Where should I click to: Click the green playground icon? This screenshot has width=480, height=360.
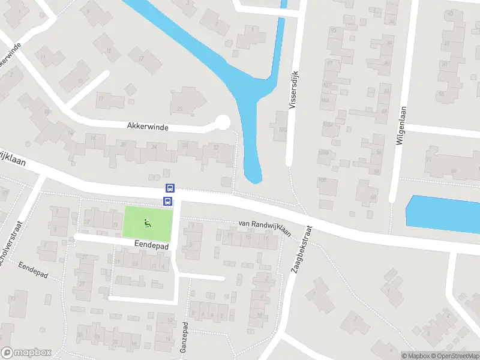pos(147,223)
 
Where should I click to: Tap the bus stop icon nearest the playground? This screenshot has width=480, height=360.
pos(168,202)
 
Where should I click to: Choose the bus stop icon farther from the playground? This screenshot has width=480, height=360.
pos(170,188)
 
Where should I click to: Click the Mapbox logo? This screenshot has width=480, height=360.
pos(26,353)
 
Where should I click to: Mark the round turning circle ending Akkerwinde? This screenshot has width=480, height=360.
pos(223,122)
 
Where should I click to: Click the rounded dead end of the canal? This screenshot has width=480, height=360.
pos(254,175)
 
